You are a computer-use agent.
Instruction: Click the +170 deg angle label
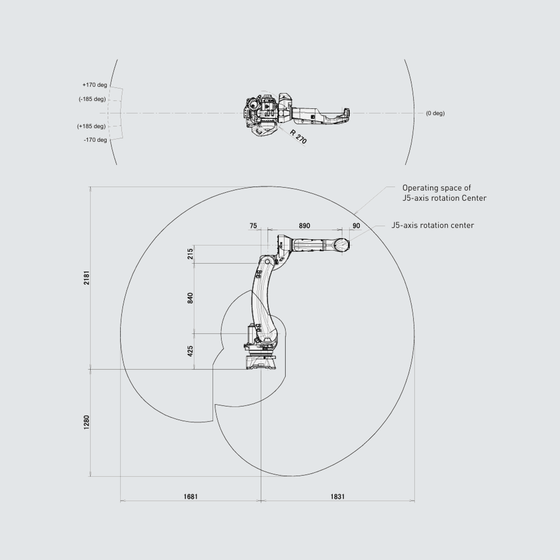click(x=95, y=85)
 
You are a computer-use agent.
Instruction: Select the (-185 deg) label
click(x=92, y=99)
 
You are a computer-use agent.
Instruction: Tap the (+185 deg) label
click(x=91, y=126)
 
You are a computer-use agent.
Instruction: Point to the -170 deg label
click(x=95, y=140)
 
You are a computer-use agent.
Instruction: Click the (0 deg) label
click(x=435, y=113)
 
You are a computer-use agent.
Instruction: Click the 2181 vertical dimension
click(x=87, y=278)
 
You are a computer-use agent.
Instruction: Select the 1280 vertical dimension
click(x=87, y=422)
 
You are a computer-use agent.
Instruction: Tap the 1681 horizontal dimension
click(x=191, y=497)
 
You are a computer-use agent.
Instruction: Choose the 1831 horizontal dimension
click(x=338, y=497)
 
